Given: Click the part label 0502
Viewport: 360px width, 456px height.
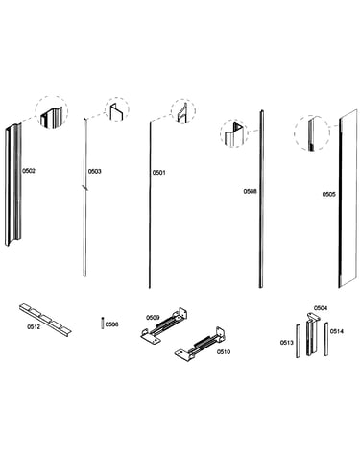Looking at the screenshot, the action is click(29, 171).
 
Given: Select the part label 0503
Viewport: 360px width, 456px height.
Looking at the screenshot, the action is click(95, 172).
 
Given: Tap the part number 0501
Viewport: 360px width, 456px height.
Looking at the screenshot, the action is click(159, 173).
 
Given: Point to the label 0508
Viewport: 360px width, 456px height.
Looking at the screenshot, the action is click(250, 191).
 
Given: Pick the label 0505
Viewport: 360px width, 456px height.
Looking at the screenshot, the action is click(329, 194).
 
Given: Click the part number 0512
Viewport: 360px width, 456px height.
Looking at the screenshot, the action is click(34, 326).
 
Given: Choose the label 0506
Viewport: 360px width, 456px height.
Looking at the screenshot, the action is click(111, 324).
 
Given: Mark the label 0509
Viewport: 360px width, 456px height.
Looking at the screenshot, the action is click(153, 318).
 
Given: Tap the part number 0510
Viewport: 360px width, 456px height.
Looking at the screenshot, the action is click(224, 352).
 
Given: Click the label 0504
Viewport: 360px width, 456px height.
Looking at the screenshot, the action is click(321, 308).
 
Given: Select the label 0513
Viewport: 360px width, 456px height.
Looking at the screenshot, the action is click(287, 343).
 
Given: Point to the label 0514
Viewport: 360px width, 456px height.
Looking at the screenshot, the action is click(337, 331).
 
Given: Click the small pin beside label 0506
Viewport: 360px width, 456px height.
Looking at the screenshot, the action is click(102, 323).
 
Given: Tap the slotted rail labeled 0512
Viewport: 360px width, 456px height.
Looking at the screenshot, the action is click(45, 320).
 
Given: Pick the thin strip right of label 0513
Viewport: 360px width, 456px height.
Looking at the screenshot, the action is click(298, 341).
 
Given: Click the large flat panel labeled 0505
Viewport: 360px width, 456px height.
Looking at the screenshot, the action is click(348, 199).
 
